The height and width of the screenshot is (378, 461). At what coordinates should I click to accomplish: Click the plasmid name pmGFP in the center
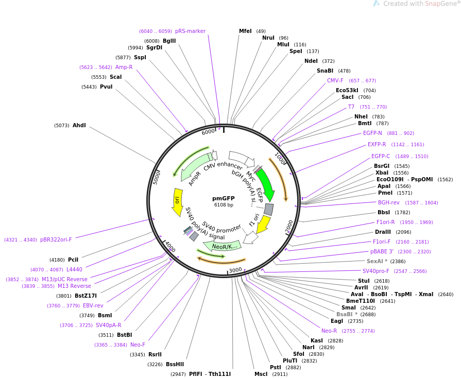click(224, 198)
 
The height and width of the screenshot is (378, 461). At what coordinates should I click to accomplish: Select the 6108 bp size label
click(224, 204)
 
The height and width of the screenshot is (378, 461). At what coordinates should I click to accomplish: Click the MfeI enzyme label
click(245, 31)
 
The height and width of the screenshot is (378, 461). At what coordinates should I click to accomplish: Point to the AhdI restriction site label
click(79, 125)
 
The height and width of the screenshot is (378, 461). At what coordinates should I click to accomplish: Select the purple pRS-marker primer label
click(190, 31)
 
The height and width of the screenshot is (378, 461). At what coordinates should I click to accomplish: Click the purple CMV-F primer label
click(335, 80)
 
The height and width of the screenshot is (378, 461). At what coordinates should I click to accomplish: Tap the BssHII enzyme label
click(175, 364)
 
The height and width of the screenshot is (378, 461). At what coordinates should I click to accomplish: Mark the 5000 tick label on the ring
click(157, 178)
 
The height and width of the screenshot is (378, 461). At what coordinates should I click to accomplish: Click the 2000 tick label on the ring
click(289, 226)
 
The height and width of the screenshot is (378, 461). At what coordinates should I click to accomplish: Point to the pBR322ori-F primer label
click(56, 239)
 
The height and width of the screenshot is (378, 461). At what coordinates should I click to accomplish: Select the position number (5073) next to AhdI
click(62, 126)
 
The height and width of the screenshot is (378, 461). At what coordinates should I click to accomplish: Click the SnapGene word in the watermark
click(436, 4)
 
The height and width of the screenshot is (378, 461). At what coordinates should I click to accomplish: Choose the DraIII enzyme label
click(383, 232)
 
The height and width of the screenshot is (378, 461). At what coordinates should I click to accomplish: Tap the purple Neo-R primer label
click(329, 331)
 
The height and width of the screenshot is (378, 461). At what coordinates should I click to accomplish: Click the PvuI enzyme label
click(106, 87)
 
